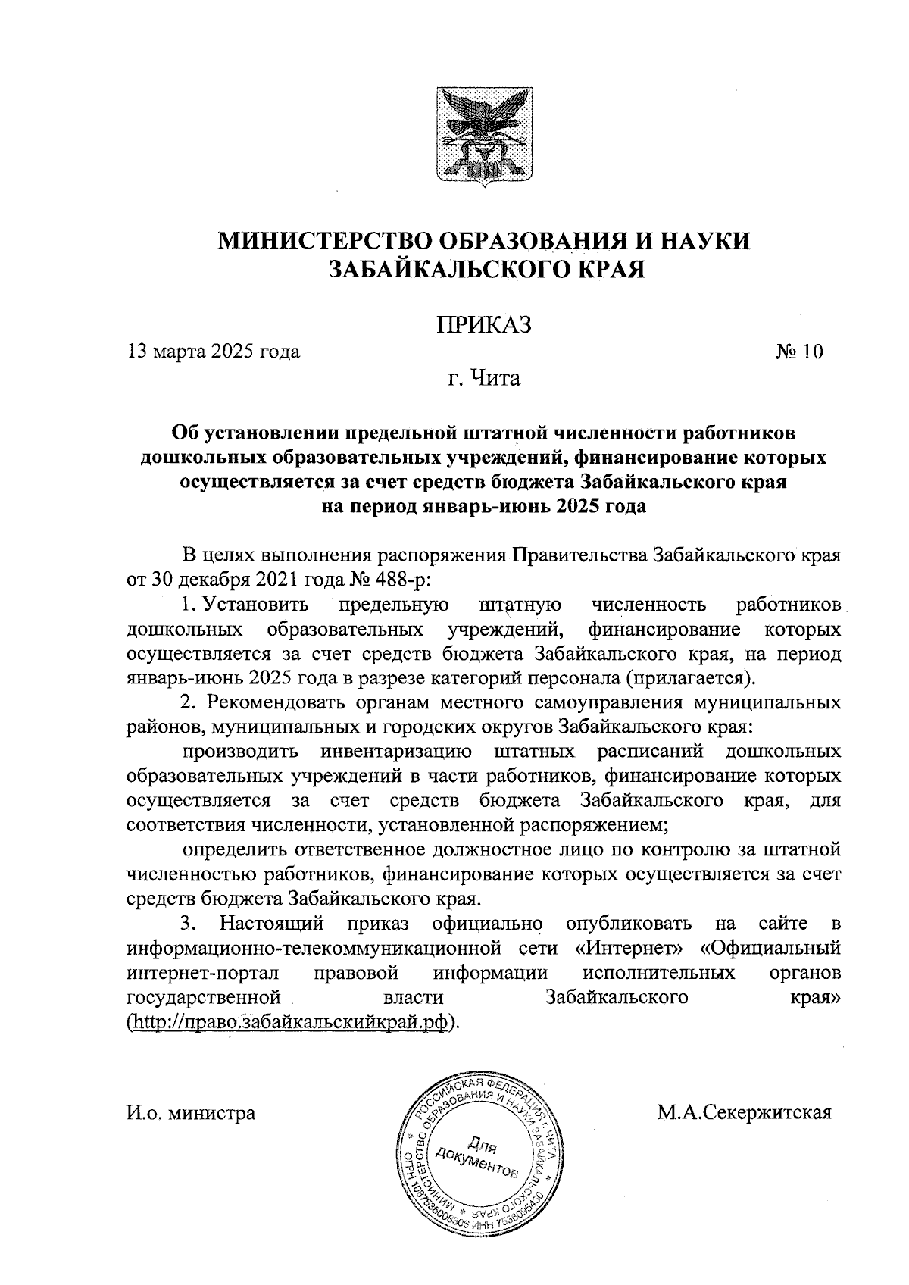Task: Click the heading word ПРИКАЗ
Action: click(x=483, y=325)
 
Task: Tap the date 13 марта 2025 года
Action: click(x=214, y=352)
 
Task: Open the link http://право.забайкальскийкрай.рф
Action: click(x=292, y=1021)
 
